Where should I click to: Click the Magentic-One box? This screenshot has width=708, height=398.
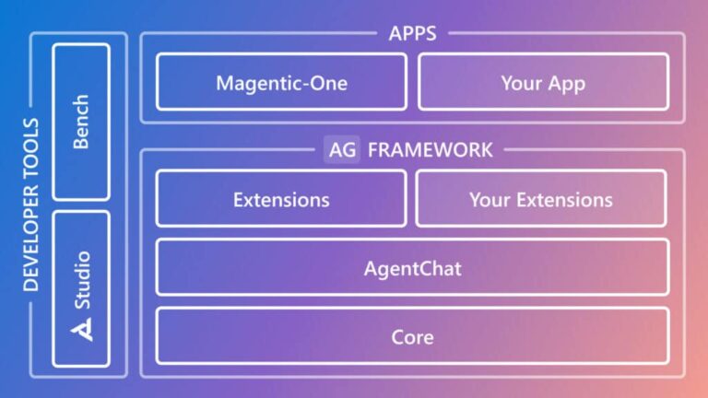point(281,82)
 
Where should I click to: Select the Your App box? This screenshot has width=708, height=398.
point(543,82)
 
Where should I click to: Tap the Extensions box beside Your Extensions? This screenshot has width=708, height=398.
point(281,199)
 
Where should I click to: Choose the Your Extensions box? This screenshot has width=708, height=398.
point(541,199)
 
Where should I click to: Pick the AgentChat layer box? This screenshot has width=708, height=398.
point(412,269)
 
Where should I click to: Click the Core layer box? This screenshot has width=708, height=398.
point(412,336)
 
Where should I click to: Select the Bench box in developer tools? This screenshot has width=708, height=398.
point(81,122)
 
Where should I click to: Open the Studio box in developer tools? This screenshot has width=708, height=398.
point(81,288)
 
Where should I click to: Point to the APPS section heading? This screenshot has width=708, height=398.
point(412,34)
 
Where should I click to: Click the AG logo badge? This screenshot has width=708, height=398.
point(341,149)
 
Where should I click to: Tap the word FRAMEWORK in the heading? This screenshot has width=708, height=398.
point(431,149)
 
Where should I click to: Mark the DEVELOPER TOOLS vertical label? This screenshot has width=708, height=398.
point(30,204)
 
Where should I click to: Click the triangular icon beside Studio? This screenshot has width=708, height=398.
point(83,329)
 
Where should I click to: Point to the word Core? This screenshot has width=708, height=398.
point(412,337)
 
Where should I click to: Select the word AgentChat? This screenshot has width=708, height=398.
point(412,270)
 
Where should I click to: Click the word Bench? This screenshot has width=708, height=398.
point(81,122)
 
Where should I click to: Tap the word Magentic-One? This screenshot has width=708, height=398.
point(281,83)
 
